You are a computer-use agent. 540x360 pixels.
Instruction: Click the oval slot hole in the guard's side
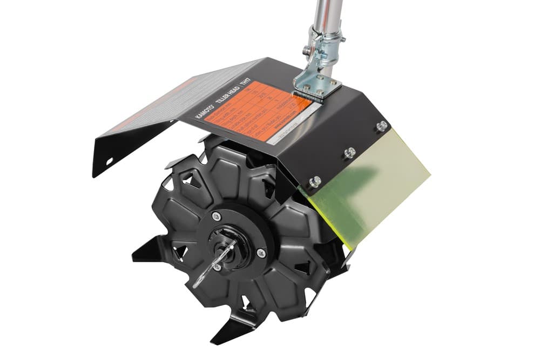pyautogui.click(x=109, y=161)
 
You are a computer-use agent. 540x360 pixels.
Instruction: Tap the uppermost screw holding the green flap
pyautogui.click(x=382, y=126)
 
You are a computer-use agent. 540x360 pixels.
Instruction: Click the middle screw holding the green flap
pyautogui.click(x=349, y=152)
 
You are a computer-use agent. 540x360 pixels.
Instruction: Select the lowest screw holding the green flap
pyautogui.click(x=314, y=181)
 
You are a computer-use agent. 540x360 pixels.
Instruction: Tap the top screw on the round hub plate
pyautogui.click(x=216, y=216)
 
